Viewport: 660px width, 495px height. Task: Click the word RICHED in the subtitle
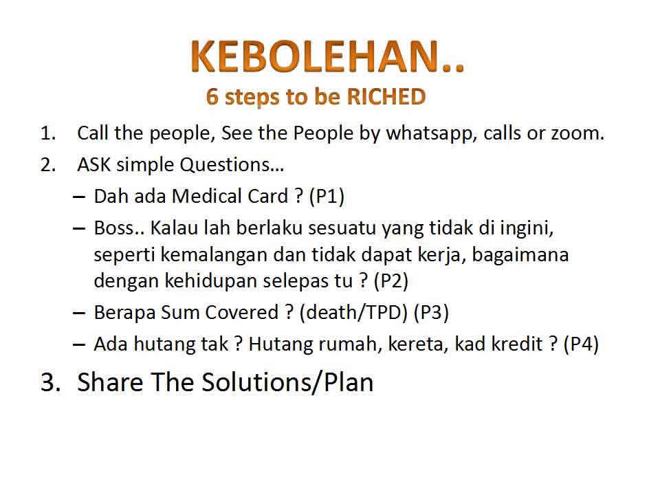tap(386, 96)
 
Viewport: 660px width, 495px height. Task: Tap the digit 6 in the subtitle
tap(212, 96)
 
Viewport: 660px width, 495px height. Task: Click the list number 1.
tap(48, 133)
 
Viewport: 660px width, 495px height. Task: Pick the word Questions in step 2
tap(232, 165)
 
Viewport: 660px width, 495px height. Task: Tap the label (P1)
tap(327, 196)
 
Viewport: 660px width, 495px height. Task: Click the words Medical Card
tap(230, 196)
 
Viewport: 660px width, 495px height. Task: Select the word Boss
tap(119, 228)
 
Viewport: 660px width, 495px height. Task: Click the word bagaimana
tap(520, 255)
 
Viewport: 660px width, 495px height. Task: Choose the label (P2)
tap(391, 281)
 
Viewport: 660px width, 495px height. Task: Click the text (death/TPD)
tap(353, 313)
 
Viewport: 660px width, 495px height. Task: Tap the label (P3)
tap(431, 313)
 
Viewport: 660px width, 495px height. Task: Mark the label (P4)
tap(581, 344)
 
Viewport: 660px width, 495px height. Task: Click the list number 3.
tap(50, 382)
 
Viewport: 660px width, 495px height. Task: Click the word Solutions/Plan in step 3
tap(288, 382)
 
